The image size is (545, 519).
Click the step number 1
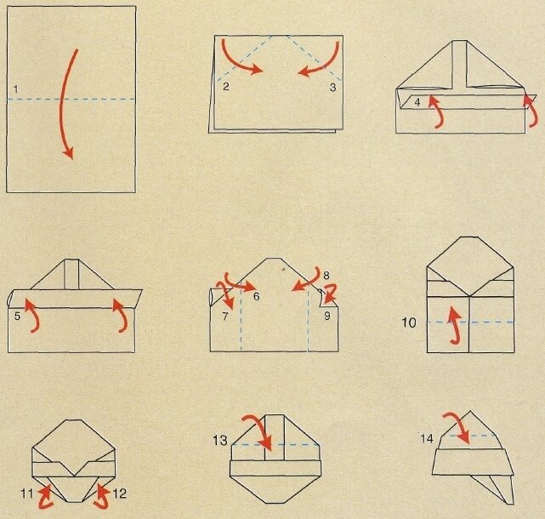click(15, 89)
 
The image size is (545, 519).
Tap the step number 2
click(226, 87)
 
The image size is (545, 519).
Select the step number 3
click(332, 88)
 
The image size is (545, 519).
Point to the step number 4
click(417, 102)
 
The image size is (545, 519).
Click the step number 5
click(17, 316)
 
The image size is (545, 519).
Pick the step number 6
click(257, 296)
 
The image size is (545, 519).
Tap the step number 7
click(225, 316)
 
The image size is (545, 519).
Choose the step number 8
click(326, 276)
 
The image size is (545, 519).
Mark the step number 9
click(327, 316)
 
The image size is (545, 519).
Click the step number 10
click(409, 322)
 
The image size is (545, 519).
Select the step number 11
click(27, 493)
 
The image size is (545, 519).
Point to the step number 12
click(119, 493)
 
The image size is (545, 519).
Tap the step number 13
click(220, 441)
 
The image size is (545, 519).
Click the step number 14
click(427, 439)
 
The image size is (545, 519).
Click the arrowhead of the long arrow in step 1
click(70, 153)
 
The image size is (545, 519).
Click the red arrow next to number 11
click(46, 498)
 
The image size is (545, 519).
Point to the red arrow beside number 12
click(101, 498)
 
